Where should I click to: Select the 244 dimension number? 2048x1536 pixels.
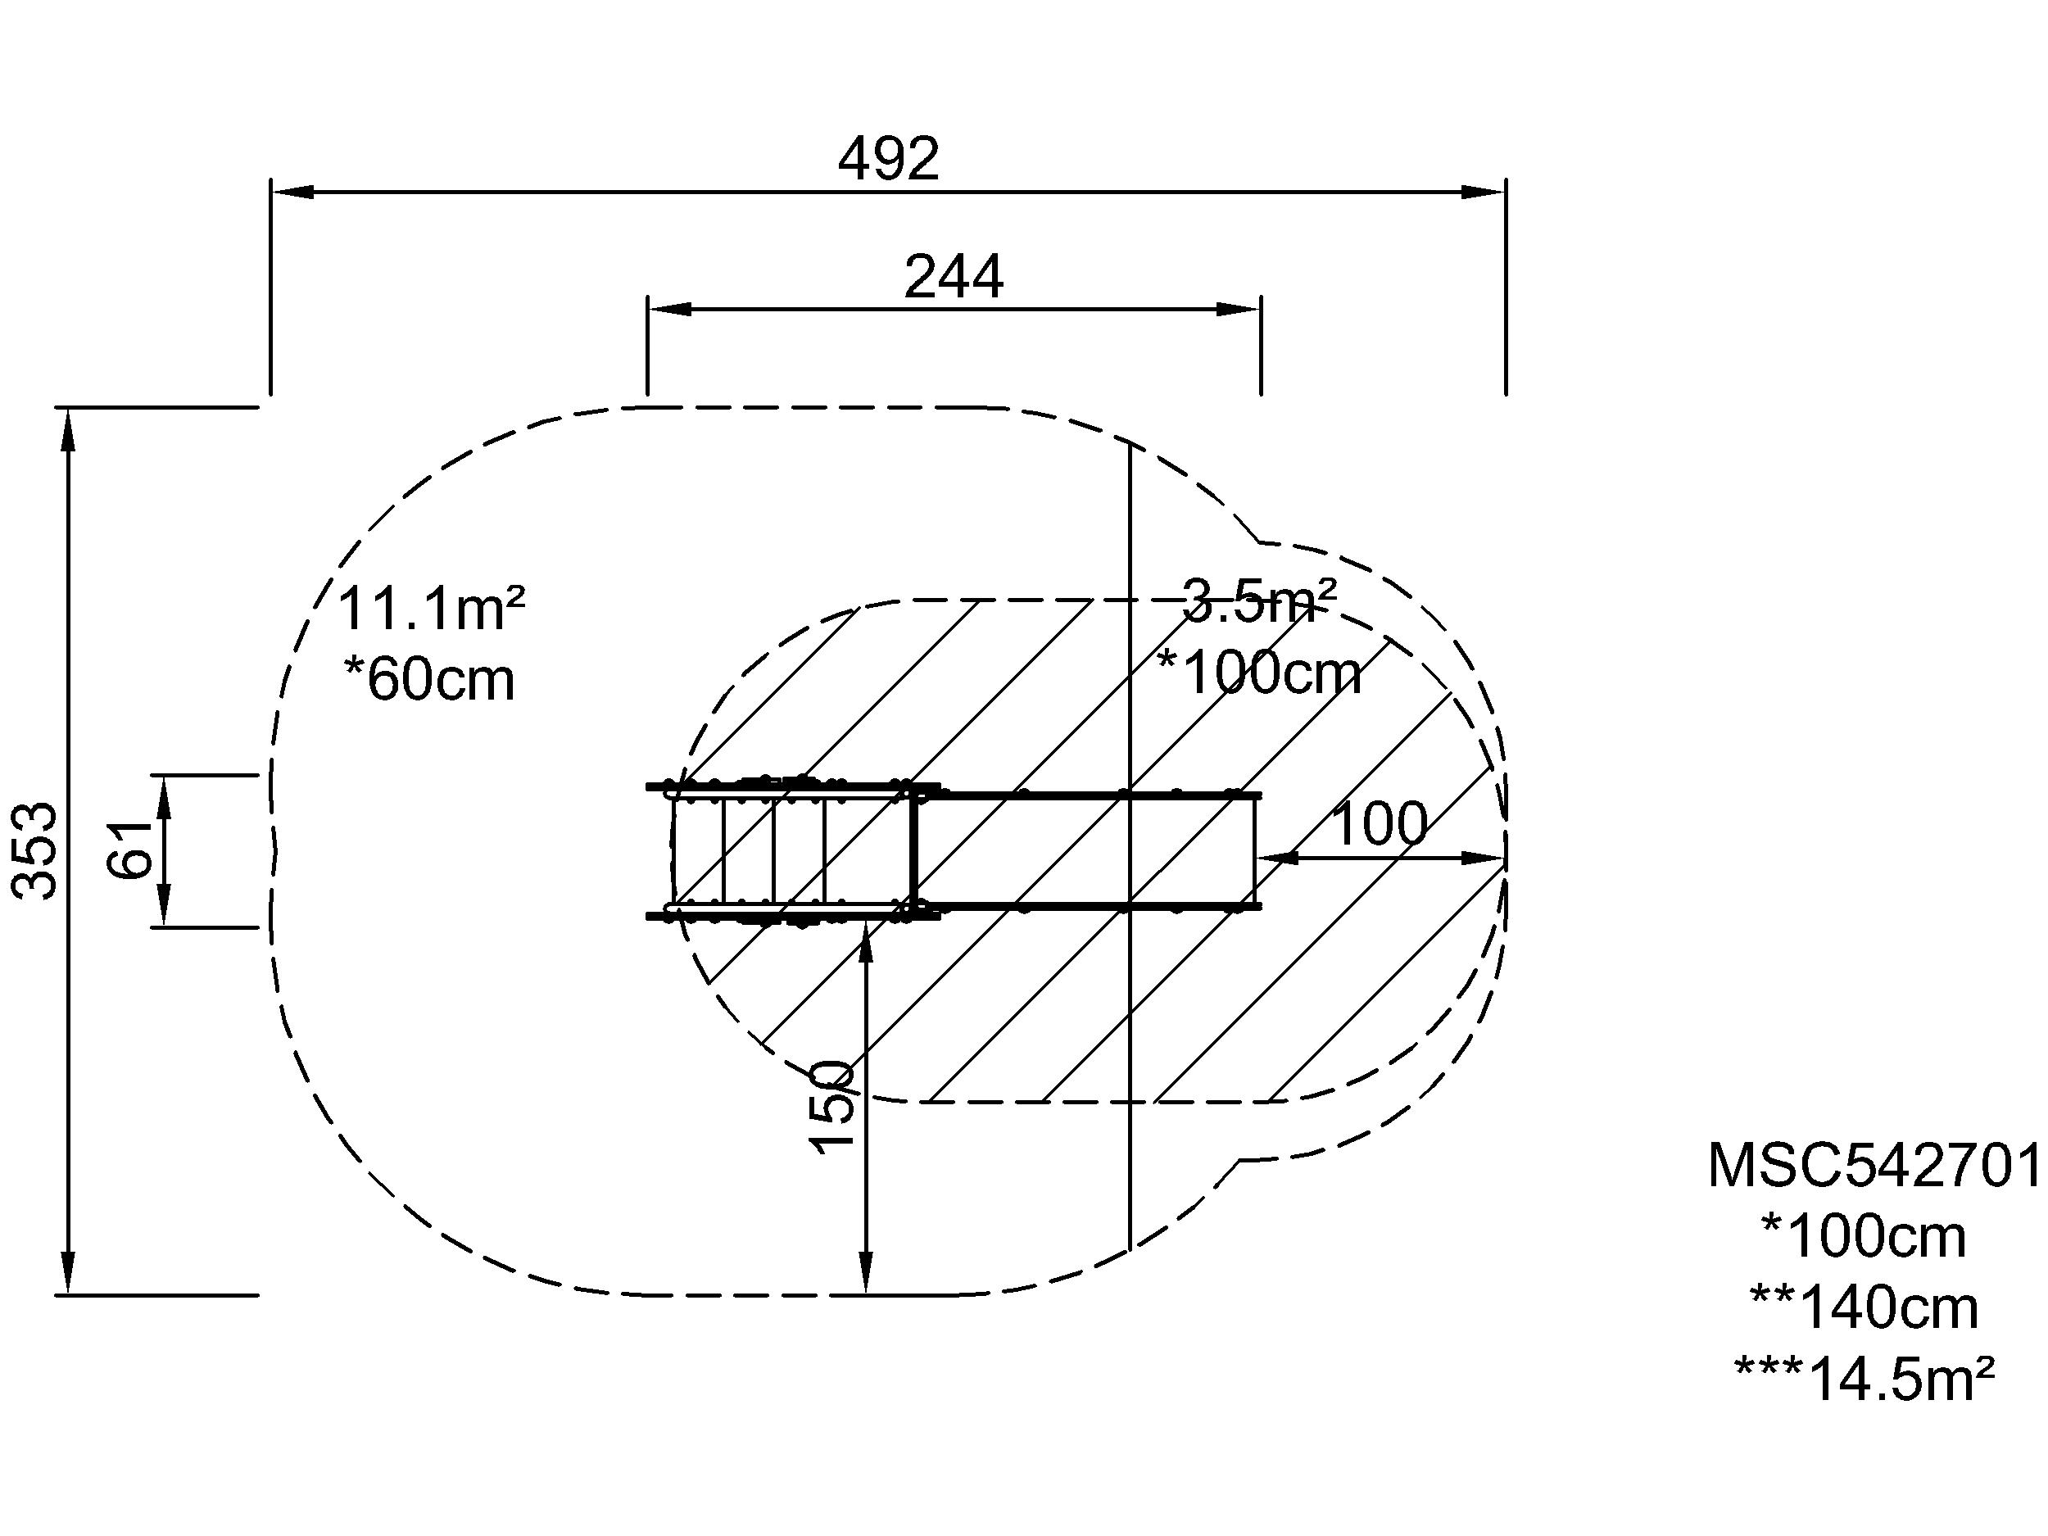(954, 277)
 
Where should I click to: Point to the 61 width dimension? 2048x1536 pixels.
(130, 849)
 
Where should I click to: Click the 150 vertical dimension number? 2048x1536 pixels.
(831, 1107)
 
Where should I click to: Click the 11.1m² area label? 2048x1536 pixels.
(432, 609)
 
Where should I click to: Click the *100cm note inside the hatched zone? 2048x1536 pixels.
(1259, 673)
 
